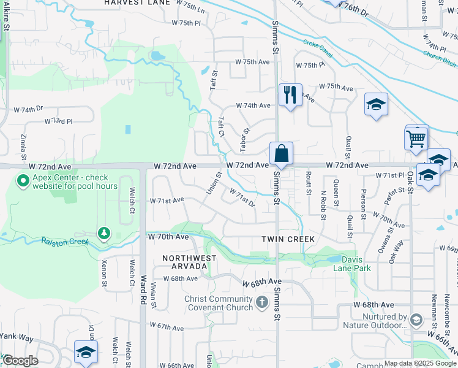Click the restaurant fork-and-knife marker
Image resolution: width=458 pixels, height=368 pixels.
(x=290, y=94)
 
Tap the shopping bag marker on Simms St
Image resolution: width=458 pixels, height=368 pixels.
(x=281, y=153)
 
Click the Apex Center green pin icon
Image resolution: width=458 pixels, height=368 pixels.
(x=23, y=181)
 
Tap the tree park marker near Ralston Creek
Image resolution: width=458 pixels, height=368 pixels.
(x=104, y=233)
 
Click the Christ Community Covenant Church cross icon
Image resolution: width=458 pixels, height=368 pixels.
(x=262, y=302)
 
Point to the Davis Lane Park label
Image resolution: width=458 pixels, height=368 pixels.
(x=347, y=264)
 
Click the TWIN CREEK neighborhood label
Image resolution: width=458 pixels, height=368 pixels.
(x=288, y=239)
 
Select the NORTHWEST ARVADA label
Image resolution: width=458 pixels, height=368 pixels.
(x=189, y=258)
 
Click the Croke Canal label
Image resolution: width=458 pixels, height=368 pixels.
(x=318, y=49)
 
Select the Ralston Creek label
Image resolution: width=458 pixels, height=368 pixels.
(x=65, y=241)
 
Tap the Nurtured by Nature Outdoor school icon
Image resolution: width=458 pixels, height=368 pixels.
(x=416, y=320)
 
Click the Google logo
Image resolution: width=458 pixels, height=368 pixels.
(x=20, y=361)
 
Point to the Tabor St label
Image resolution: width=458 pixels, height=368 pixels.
(x=246, y=139)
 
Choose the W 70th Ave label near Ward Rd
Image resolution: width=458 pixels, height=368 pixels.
(x=168, y=236)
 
